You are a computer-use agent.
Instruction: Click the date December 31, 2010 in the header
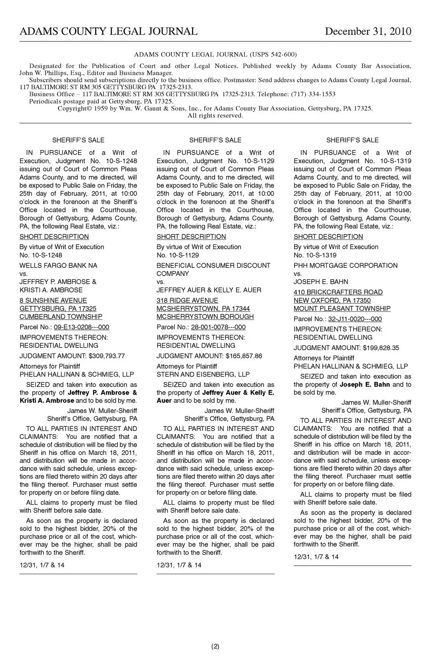[368, 31]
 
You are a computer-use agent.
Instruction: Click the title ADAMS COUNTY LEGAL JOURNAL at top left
[108, 31]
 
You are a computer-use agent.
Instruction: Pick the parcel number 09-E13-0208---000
[81, 327]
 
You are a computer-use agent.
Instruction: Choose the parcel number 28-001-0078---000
[218, 327]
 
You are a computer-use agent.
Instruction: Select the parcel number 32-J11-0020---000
[355, 319]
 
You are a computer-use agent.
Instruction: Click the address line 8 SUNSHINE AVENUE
[53, 300]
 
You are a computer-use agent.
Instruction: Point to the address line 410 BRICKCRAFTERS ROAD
[338, 292]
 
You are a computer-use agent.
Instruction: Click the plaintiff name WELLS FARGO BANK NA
[58, 265]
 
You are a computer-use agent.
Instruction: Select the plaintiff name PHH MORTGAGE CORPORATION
[345, 265]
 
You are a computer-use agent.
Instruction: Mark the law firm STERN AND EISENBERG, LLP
[203, 374]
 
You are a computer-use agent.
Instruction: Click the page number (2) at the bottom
[215, 647]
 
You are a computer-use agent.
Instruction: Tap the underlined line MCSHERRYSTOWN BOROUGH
[205, 317]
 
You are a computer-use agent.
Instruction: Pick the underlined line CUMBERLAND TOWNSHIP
[61, 317]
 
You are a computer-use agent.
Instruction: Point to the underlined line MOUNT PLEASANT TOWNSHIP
[342, 309]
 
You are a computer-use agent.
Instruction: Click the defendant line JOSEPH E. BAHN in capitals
[321, 282]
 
